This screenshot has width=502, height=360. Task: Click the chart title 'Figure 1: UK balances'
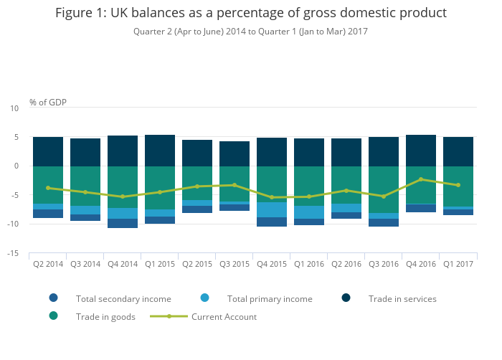pos(251,14)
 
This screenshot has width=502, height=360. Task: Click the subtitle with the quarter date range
pos(251,32)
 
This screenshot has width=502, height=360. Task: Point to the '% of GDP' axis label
pos(48,103)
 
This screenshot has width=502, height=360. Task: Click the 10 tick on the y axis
pos(14,108)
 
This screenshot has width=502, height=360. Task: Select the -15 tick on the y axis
pos(14,254)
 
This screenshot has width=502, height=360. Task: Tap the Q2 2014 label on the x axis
pos(48,265)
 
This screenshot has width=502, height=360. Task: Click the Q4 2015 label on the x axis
pos(272,265)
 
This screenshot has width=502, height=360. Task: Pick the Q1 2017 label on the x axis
pos(458,265)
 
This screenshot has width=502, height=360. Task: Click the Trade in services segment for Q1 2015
pos(160,151)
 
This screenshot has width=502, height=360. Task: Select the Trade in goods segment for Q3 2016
pos(384,189)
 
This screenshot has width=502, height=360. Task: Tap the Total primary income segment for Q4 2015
pos(272,209)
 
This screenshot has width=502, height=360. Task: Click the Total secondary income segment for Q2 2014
pos(48,214)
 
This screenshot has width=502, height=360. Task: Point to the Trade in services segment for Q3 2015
pos(235,153)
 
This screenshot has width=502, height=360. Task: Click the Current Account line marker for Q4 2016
pos(421,179)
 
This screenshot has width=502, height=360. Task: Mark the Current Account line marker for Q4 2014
pos(123,196)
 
